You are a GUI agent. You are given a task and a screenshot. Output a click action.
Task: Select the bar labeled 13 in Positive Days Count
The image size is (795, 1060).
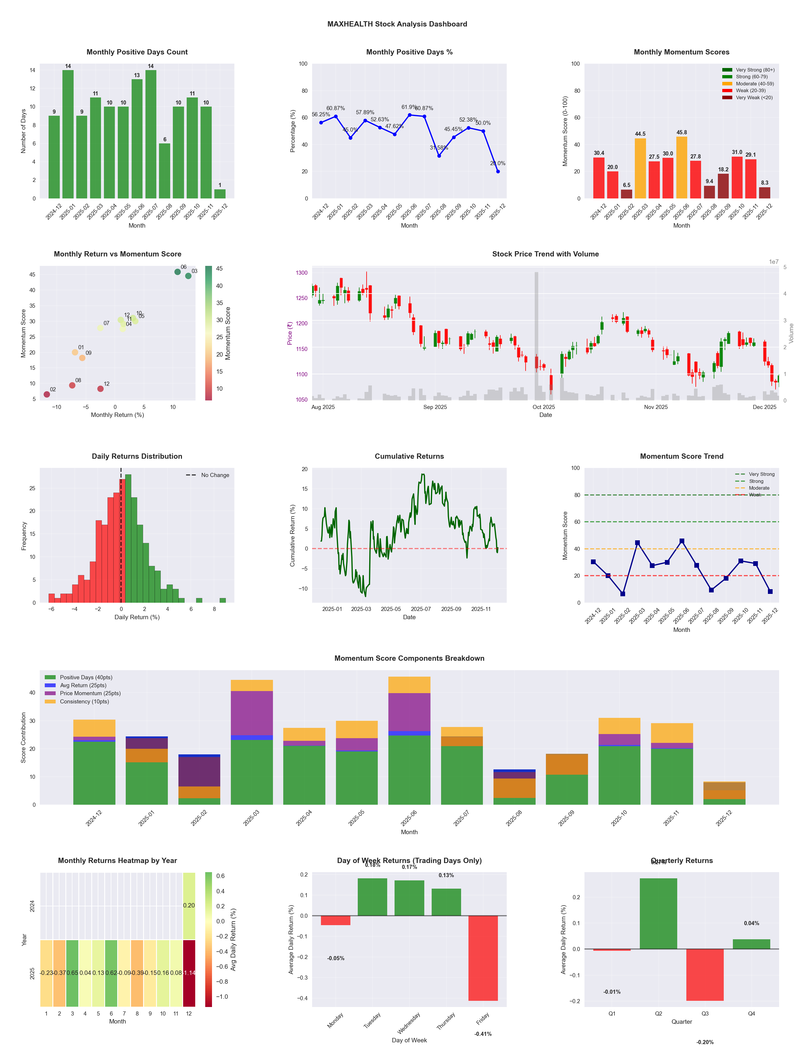coord(137,139)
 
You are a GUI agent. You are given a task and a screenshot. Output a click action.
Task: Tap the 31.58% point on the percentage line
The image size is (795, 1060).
coord(439,156)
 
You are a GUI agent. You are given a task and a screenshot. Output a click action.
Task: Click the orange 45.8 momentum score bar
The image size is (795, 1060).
coord(681,168)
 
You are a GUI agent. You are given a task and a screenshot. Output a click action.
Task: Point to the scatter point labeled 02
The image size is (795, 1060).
coord(47,394)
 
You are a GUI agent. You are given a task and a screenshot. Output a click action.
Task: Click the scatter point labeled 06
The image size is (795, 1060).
coord(177,272)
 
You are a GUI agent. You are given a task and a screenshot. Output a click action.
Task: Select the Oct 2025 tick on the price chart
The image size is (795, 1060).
coord(544,407)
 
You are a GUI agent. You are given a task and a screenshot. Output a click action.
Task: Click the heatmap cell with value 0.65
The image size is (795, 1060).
coord(72,973)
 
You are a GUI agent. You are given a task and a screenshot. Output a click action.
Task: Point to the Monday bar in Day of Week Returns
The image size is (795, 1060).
coord(335,920)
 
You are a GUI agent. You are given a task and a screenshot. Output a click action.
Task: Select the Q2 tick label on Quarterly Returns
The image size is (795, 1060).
coord(658,1013)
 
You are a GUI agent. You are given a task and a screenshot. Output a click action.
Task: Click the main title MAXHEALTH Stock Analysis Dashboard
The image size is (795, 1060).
coord(397,24)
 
